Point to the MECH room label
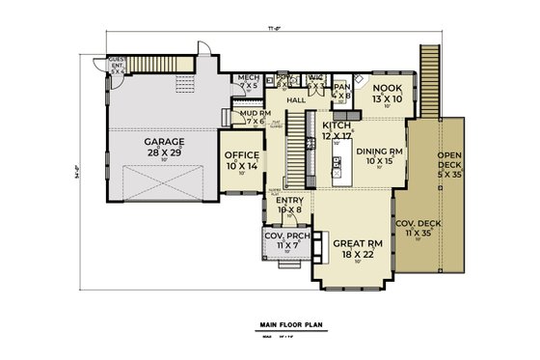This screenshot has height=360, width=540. pyautogui.click(x=249, y=81)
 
